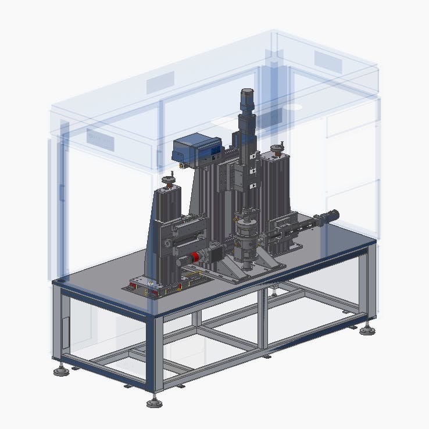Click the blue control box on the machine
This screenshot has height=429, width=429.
[x=197, y=149]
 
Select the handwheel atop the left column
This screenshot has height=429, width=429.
[x=169, y=181]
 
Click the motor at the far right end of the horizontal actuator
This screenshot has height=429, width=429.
[x=329, y=216]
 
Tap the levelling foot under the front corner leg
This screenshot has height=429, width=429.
[x=154, y=402]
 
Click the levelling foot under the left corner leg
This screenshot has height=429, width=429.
[x=61, y=370]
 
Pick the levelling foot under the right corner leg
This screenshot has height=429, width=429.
[x=367, y=330]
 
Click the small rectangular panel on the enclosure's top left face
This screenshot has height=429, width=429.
[x=160, y=83]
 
